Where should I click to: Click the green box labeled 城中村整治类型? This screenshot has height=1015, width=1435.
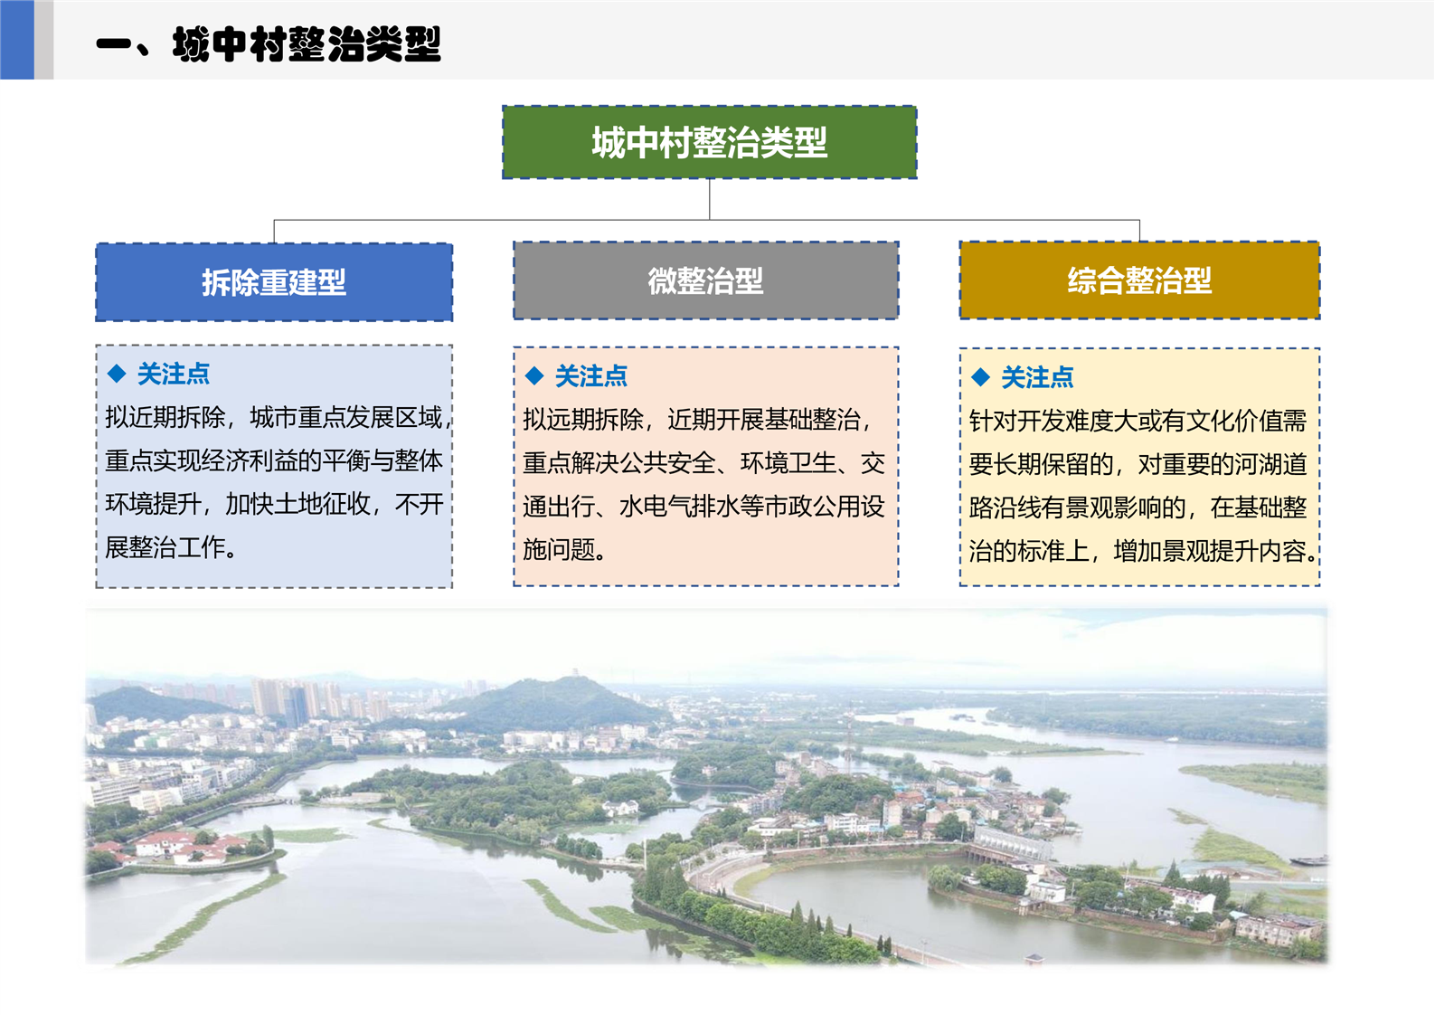(x=709, y=142)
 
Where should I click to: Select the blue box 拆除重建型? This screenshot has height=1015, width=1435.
(x=274, y=282)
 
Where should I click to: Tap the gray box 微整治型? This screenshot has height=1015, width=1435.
(x=705, y=280)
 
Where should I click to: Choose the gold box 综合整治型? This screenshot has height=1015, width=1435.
(x=1139, y=280)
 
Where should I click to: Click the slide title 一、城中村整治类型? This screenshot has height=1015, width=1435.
(x=269, y=44)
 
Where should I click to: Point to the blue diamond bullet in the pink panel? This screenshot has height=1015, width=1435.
(x=533, y=375)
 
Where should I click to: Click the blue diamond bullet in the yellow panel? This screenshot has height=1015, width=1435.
(x=980, y=376)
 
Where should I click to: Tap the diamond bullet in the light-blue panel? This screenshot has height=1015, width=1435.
(x=117, y=373)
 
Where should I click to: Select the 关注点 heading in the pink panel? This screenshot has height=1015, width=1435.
(x=591, y=376)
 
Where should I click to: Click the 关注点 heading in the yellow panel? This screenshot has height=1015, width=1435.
(x=1037, y=377)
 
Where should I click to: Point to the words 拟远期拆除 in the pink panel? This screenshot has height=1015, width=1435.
(x=583, y=420)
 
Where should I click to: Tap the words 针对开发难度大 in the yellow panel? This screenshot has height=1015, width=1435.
(x=1053, y=421)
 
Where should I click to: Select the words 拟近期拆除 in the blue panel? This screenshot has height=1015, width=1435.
(x=165, y=417)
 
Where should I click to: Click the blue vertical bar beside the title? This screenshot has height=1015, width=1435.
(x=16, y=40)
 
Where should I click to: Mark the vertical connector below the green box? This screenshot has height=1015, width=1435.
(x=709, y=199)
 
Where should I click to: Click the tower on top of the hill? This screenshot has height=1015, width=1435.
(x=576, y=673)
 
